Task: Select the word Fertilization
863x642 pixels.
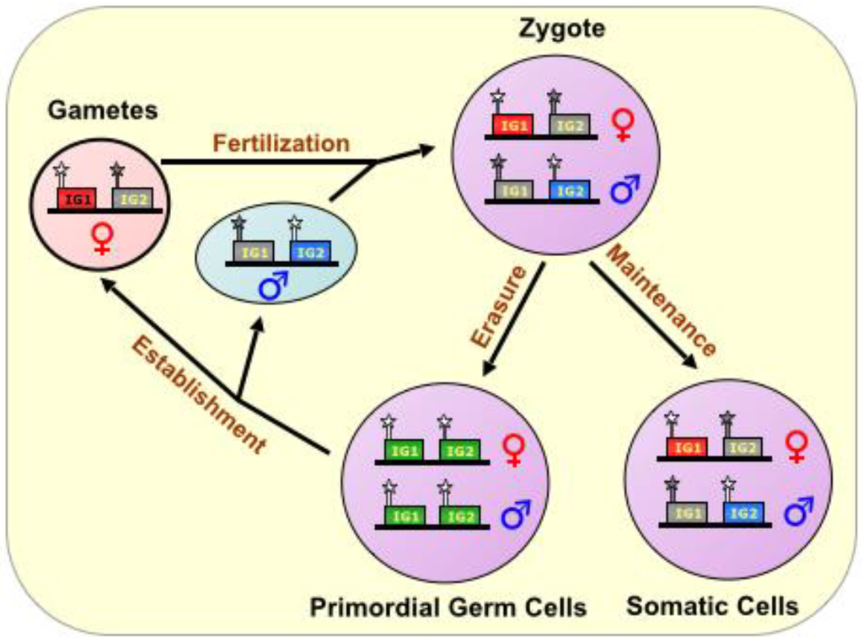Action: [x=281, y=143]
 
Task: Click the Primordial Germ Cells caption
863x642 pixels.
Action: [x=448, y=607]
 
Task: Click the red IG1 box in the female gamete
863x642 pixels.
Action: [x=76, y=199]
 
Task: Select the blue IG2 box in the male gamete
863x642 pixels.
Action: [x=310, y=251]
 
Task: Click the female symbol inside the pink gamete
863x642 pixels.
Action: [x=102, y=238]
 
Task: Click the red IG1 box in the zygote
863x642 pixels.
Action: [x=512, y=125]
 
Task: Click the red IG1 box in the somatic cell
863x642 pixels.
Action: [x=686, y=448]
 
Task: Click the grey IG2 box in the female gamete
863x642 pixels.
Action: [x=133, y=199]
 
